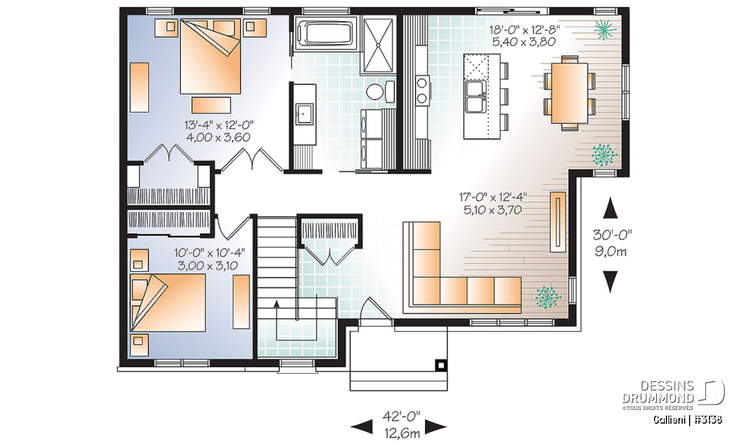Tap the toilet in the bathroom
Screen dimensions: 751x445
point(381,91)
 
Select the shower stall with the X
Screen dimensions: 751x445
point(378,44)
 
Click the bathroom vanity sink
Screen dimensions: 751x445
point(304,114)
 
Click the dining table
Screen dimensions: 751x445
point(570,93)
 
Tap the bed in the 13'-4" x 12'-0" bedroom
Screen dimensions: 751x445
point(210,56)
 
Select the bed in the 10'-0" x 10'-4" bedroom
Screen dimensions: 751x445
point(168,302)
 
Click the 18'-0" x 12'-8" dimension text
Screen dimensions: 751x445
point(524,30)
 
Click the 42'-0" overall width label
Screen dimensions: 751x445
point(402,417)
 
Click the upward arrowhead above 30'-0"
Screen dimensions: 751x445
point(610,208)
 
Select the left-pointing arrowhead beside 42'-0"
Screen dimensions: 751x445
point(362,427)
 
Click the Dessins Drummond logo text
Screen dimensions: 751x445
point(658,392)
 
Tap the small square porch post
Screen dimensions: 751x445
point(441,365)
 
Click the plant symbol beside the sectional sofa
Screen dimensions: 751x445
point(548,297)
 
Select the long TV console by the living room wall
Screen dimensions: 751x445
point(558,222)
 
